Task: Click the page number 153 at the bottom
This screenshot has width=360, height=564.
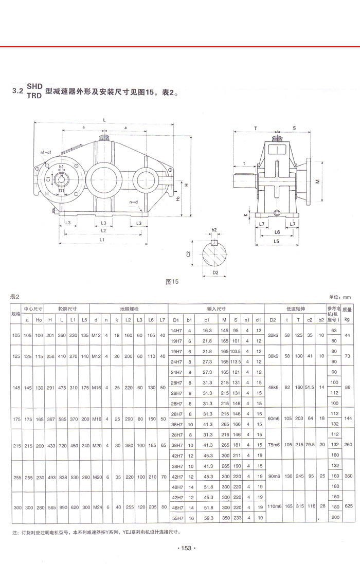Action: pyautogui.click(x=186, y=549)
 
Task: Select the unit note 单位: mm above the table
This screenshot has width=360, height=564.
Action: pyautogui.click(x=339, y=297)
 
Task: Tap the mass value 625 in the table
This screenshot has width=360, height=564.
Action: pyautogui.click(x=347, y=506)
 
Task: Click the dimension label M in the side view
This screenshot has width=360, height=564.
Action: pyautogui.click(x=317, y=181)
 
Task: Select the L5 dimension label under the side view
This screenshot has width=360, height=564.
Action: pyautogui.click(x=276, y=241)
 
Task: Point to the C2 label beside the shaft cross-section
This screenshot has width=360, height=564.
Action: pyautogui.click(x=189, y=253)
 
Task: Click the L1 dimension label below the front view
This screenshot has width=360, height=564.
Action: pyautogui.click(x=102, y=240)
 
